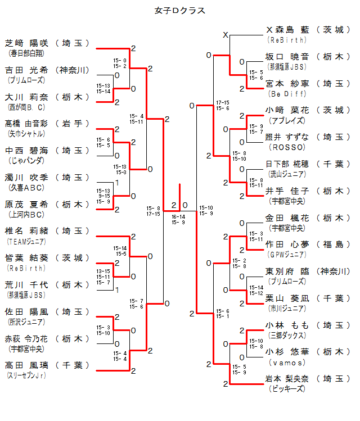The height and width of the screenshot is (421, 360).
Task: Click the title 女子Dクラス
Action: (180, 10)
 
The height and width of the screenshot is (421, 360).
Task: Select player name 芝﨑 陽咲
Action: (27, 43)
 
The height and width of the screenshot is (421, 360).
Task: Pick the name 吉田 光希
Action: (27, 70)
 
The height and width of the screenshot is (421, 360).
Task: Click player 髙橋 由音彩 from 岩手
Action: (27, 124)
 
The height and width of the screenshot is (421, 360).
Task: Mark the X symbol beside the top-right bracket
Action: (226, 35)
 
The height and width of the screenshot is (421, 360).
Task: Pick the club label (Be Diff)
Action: (286, 93)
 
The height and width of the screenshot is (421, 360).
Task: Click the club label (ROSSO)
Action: (286, 147)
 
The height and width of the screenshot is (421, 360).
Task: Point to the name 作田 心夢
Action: (287, 245)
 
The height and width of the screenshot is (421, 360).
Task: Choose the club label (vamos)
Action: (286, 363)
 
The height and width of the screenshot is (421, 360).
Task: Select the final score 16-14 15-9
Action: (178, 219)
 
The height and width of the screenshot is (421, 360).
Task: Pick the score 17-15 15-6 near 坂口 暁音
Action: (223, 105)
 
